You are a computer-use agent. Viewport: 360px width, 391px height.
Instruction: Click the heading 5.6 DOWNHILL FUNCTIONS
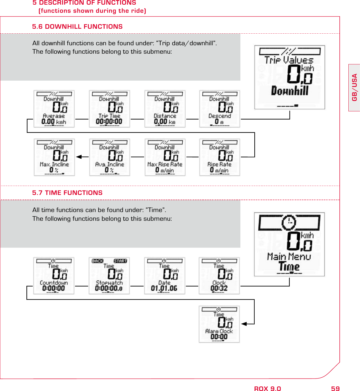pos(77,27)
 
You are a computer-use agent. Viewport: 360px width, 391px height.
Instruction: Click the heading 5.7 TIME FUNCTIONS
pos(67,193)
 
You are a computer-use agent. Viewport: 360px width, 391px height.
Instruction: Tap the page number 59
pos(335,389)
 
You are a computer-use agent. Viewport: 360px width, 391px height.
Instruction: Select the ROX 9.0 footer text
pos(267,389)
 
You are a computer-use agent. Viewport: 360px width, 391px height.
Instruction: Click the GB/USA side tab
pos(354,87)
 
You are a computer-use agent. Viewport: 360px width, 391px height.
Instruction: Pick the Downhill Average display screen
pos(54,109)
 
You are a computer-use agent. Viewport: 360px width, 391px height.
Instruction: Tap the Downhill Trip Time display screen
pos(109,109)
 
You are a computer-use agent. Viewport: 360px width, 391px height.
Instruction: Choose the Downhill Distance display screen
pos(165,109)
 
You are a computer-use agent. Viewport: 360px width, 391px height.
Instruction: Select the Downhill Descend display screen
pos(220,109)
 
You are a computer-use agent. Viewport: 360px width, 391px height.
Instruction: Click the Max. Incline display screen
pos(54,157)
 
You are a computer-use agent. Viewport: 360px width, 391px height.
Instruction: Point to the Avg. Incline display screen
pos(109,157)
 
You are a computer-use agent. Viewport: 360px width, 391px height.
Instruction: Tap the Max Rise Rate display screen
pos(165,157)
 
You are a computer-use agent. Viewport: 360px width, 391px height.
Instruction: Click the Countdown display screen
pos(54,276)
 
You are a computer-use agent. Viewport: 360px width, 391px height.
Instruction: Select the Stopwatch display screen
pos(109,276)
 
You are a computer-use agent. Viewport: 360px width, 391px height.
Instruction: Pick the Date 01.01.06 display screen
pos(164,276)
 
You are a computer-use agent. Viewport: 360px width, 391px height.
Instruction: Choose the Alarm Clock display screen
pos(219,324)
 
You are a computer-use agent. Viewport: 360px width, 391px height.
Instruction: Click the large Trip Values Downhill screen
pos(289,77)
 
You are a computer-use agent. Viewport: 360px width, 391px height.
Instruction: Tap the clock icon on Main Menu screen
pos(289,222)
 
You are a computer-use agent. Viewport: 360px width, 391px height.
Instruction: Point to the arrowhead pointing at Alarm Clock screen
pos(244,324)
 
